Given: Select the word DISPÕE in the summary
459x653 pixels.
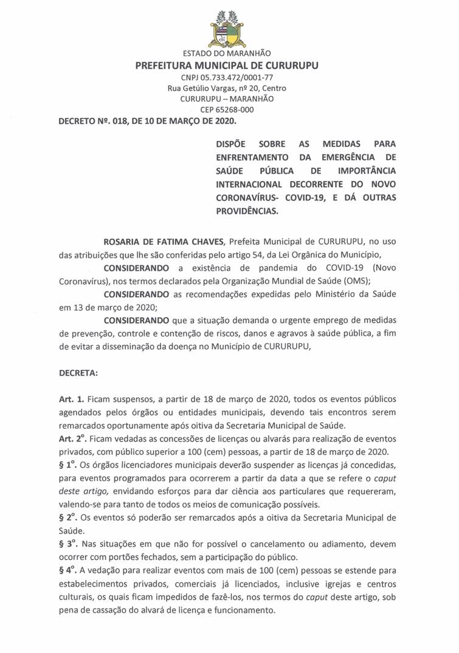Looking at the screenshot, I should (x=231, y=144).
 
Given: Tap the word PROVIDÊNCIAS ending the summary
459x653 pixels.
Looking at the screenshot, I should (x=246, y=210).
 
